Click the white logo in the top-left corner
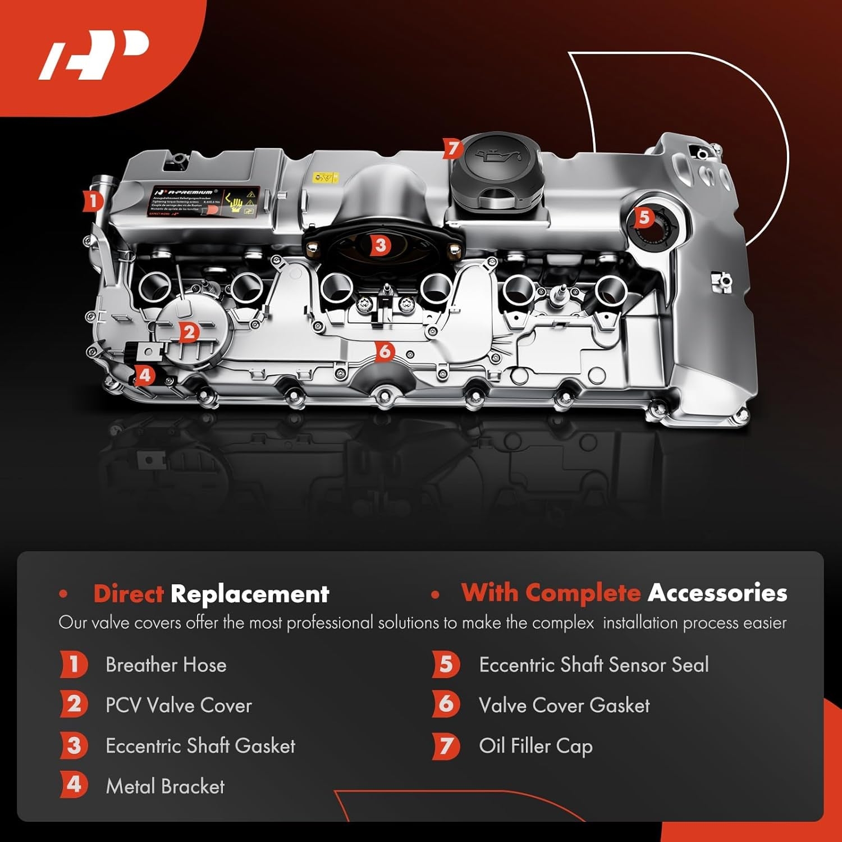pyautogui.click(x=94, y=54)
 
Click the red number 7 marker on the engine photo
pyautogui.click(x=452, y=149)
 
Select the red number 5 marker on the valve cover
pyautogui.click(x=644, y=217)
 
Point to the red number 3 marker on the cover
pyautogui.click(x=381, y=245)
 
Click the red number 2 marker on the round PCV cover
pyautogui.click(x=189, y=332)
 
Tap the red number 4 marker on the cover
pyautogui.click(x=145, y=374)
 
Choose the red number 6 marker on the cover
pyautogui.click(x=385, y=352)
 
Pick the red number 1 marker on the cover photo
pyautogui.click(x=93, y=201)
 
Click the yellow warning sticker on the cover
pyautogui.click(x=325, y=178)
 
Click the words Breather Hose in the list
pyautogui.click(x=166, y=665)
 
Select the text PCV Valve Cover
pyautogui.click(x=179, y=705)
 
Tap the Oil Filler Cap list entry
pyautogui.click(x=536, y=746)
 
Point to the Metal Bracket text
pyautogui.click(x=165, y=786)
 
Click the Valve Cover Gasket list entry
pyautogui.click(x=564, y=705)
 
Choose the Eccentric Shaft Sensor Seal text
pyautogui.click(x=593, y=665)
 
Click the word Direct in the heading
pyautogui.click(x=128, y=593)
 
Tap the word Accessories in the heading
pyautogui.click(x=717, y=593)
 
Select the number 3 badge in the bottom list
pyautogui.click(x=74, y=746)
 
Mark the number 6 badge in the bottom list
pyautogui.click(x=446, y=704)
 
